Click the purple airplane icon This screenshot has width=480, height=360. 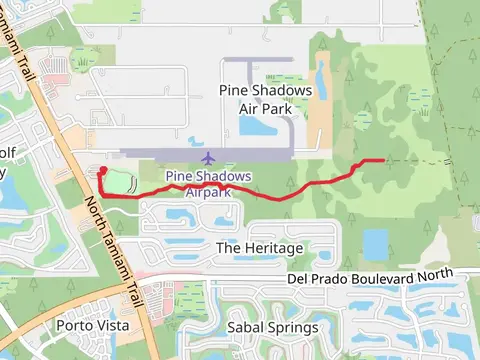pyautogui.click(x=208, y=158)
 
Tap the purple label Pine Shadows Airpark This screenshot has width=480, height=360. pyautogui.click(x=208, y=183)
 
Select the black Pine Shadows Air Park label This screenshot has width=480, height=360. pyautogui.click(x=265, y=98)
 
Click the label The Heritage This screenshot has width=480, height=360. pyautogui.click(x=259, y=247)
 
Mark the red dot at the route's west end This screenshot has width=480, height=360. pyautogui.click(x=103, y=170)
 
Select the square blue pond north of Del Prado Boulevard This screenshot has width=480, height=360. pyautogui.click(x=375, y=243)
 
